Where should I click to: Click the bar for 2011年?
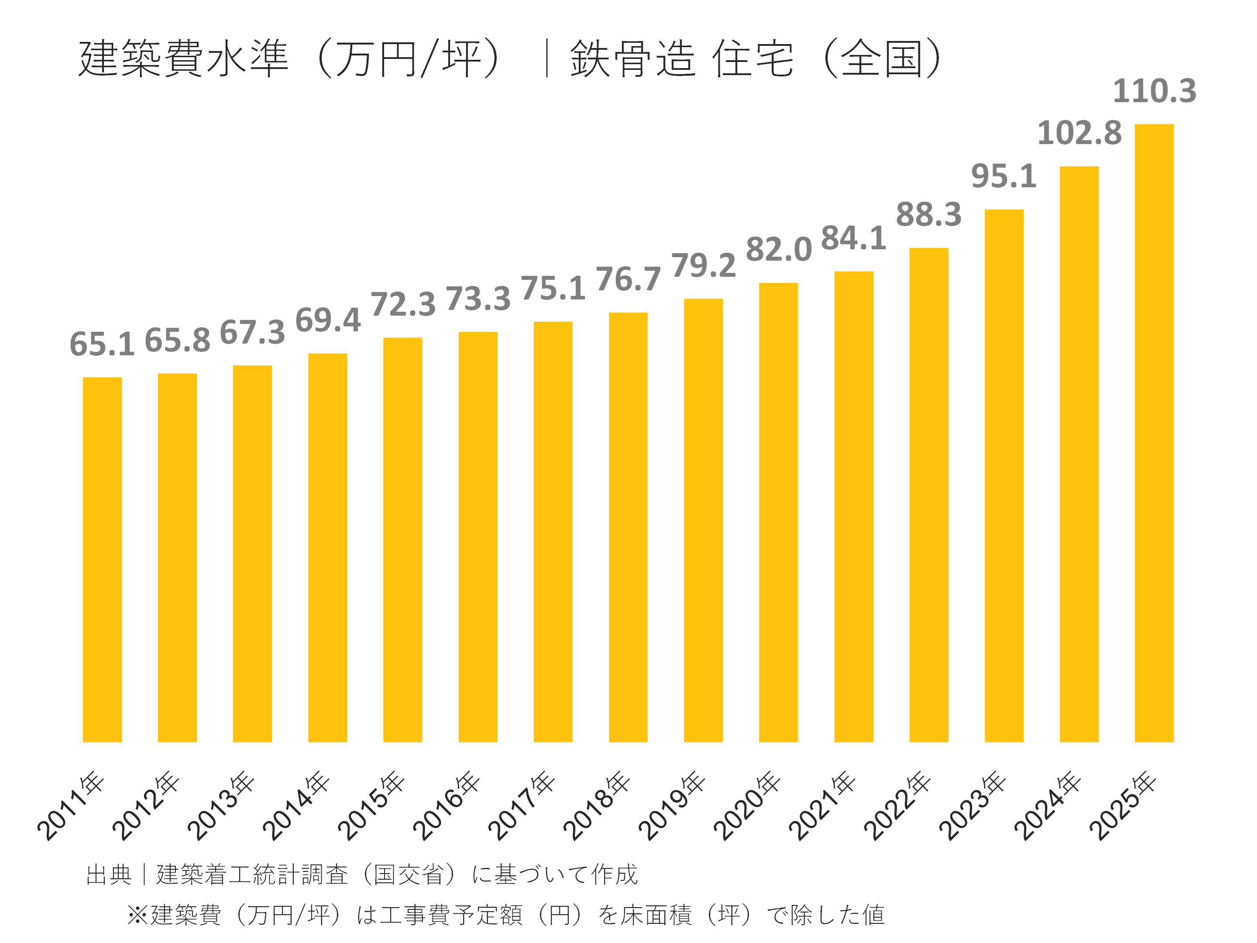pyautogui.click(x=102, y=559)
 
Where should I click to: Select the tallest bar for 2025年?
pyautogui.click(x=1154, y=433)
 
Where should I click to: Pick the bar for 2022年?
pyautogui.click(x=928, y=495)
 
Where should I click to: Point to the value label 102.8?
pyautogui.click(x=1079, y=134)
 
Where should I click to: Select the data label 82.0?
pyautogui.click(x=779, y=250)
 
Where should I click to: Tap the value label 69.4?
pyautogui.click(x=328, y=320)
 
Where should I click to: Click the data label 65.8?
pyautogui.click(x=177, y=341)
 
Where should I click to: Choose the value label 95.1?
pyautogui.click(x=1003, y=176)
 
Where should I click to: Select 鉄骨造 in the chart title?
pyautogui.click(x=632, y=59)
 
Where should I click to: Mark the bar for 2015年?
pyautogui.click(x=402, y=540)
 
